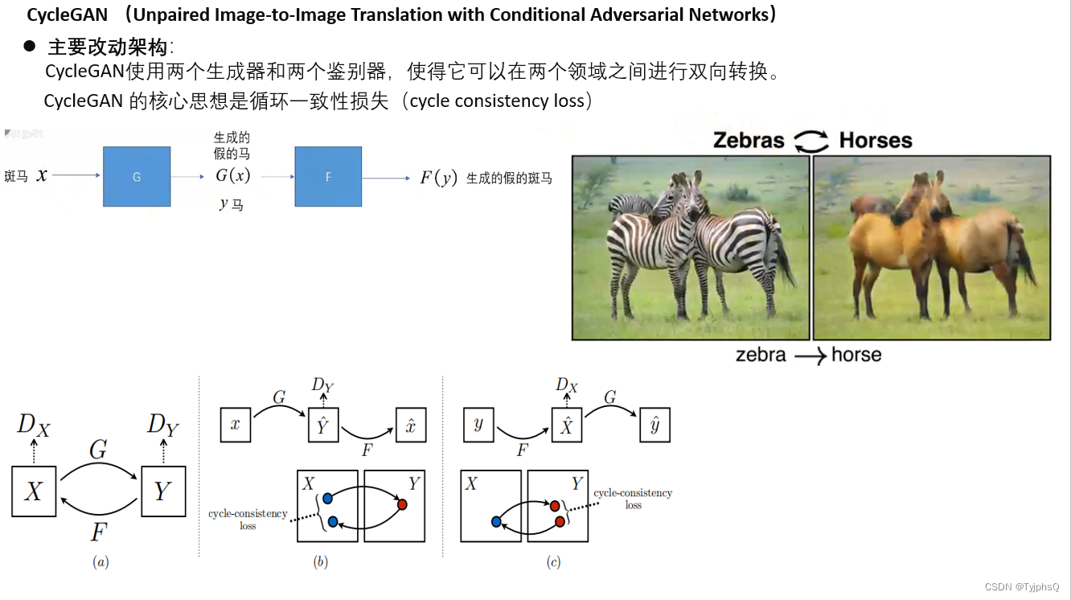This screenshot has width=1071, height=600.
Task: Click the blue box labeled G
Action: coord(137,177)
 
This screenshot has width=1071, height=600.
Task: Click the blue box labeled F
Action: coord(328,177)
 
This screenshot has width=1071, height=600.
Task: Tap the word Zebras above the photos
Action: coord(748,141)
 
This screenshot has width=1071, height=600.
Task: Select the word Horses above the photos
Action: coord(876,141)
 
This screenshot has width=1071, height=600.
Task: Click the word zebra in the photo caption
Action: coord(761,355)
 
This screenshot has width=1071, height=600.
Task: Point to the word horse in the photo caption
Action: coord(856,355)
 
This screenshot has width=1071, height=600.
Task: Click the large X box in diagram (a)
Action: coord(34,491)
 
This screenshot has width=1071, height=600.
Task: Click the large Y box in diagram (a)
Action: coord(163,491)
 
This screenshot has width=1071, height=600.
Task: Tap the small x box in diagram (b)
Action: coord(236,425)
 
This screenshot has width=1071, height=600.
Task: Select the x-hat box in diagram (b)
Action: coord(410,425)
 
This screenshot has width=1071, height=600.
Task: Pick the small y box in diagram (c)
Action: coord(478,425)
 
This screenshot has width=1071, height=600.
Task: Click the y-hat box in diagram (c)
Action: coord(654,425)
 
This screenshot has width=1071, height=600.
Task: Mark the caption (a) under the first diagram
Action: coord(101,562)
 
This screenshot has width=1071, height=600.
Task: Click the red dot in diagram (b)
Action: coord(402,504)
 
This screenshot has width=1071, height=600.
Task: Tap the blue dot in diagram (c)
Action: coord(496,522)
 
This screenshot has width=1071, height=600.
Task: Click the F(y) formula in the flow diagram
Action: coord(438,178)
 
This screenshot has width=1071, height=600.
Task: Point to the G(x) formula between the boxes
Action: coord(232,176)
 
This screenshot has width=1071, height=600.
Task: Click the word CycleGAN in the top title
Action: coord(68,14)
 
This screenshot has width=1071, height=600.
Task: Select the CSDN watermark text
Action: coord(1021,587)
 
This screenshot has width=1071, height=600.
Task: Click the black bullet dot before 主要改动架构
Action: coord(30,47)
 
